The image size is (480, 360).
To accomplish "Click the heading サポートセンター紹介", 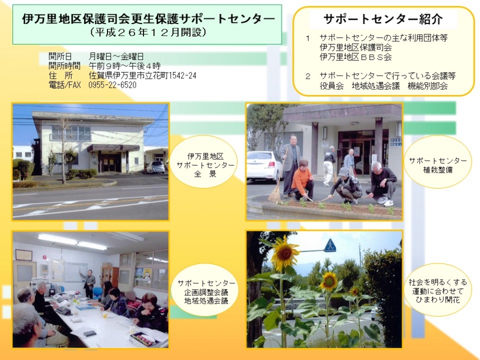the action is point(383,19).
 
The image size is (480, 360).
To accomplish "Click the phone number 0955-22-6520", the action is point(112,85).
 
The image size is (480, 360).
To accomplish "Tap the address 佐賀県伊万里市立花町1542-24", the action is point(143,75).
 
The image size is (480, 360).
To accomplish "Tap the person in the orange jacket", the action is point(302,180).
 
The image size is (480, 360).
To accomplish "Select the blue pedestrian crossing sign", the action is point(330,245).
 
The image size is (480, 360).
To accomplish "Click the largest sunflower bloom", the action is point(285,253).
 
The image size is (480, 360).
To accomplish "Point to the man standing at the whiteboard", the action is point(89,284).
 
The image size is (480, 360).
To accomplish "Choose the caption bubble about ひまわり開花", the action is point(438,290).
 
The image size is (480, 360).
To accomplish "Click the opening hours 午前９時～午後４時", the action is point(125,66).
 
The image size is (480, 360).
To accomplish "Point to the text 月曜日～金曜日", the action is point(116,56).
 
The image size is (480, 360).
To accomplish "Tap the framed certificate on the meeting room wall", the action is point(24,255).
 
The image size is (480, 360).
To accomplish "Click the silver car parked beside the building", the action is point(156,167).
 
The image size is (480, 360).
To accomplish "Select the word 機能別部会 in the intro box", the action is point(428,86).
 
